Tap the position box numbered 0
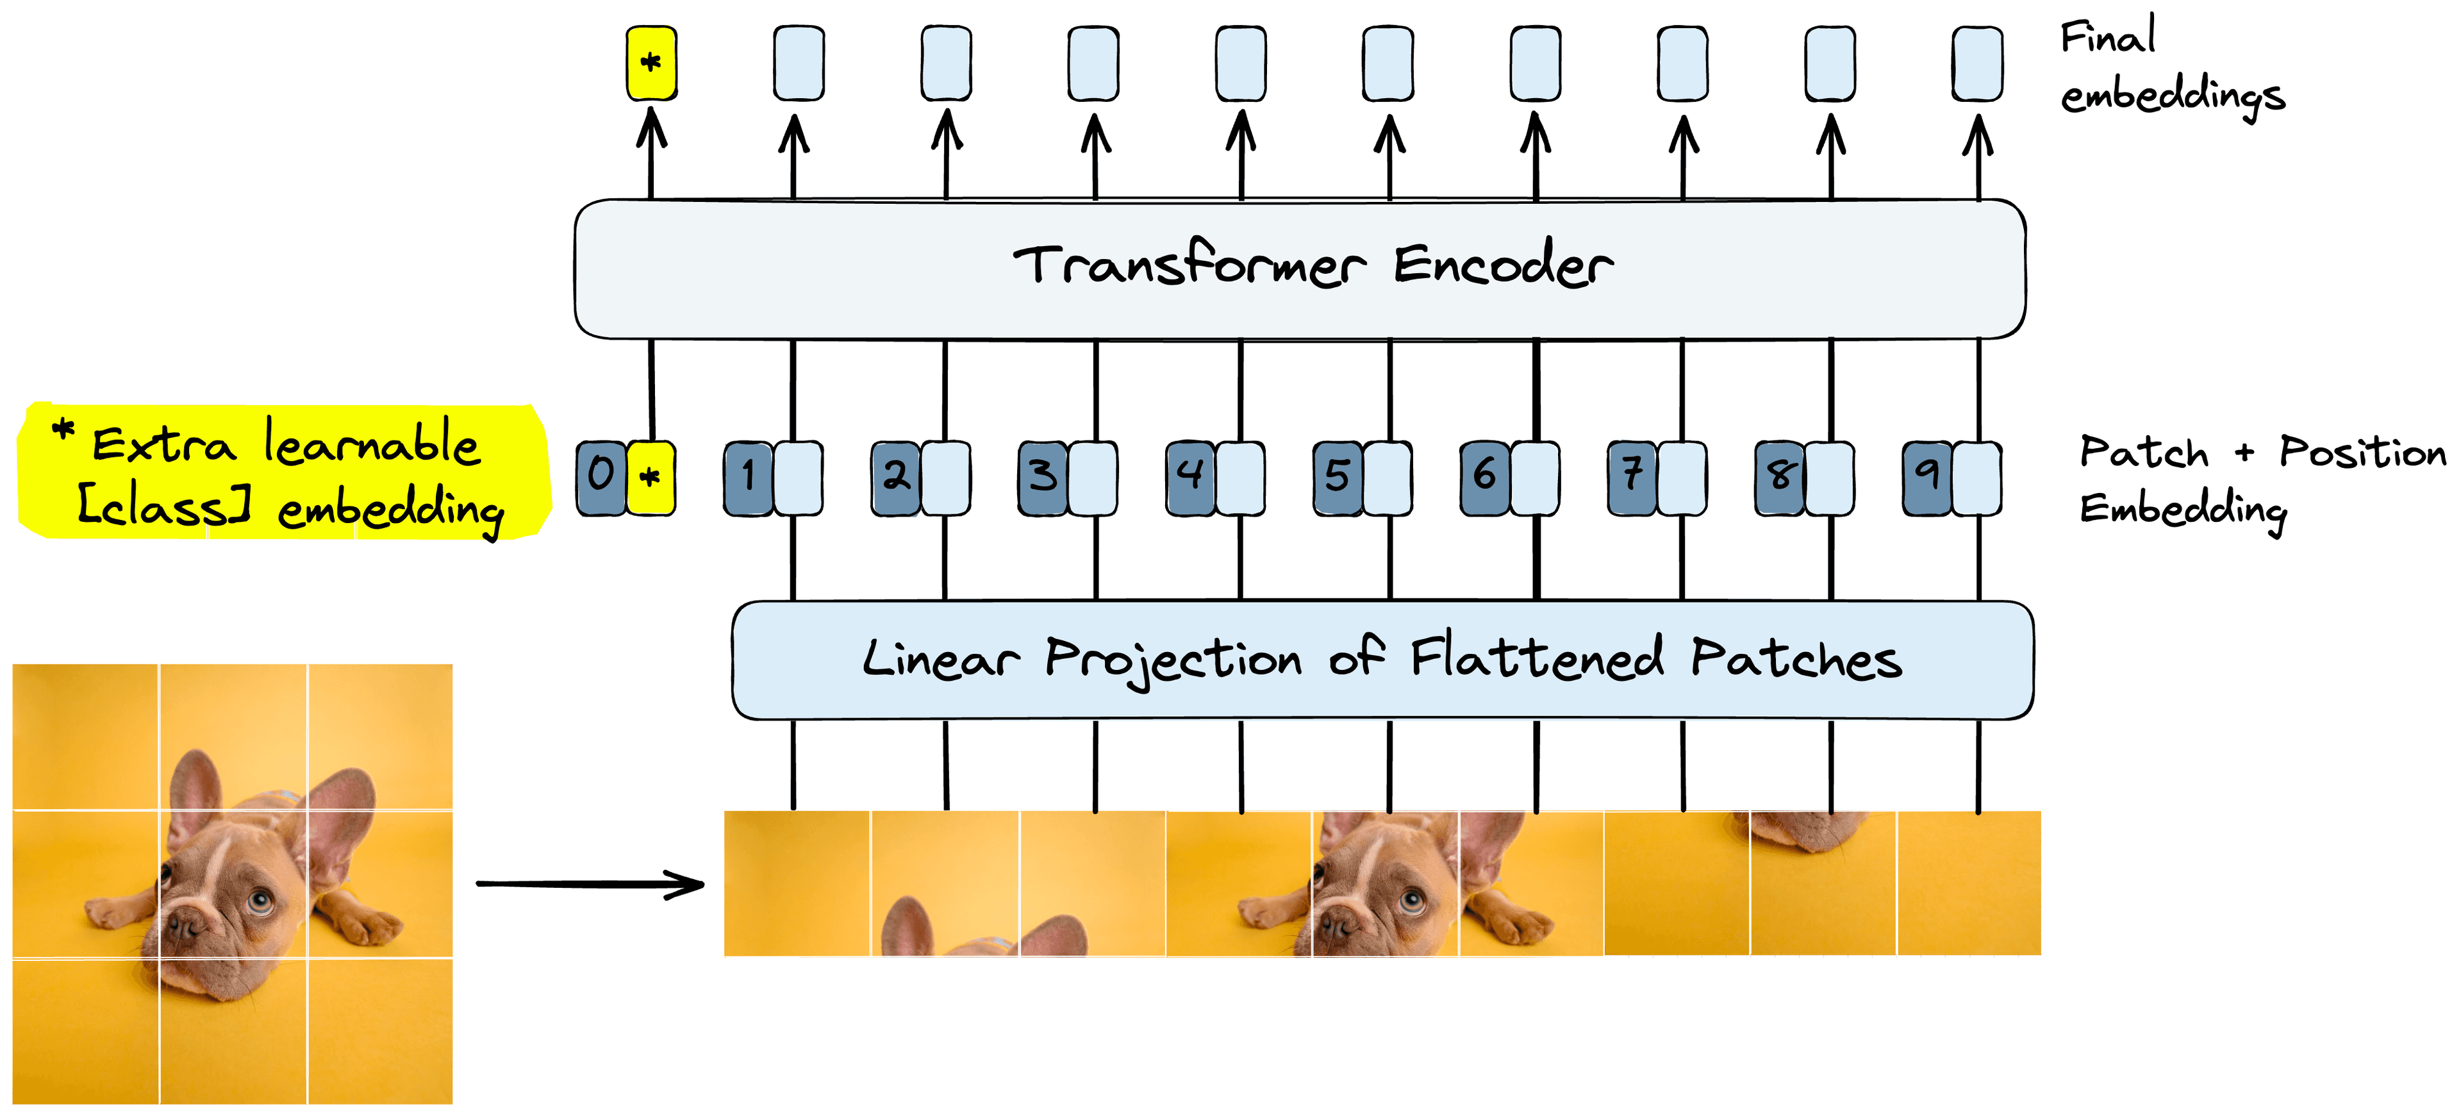click(601, 478)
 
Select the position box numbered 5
click(1338, 478)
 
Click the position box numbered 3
click(1042, 478)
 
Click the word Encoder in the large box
click(1504, 265)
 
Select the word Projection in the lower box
click(1173, 660)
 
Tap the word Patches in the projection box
click(1796, 660)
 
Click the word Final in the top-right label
click(2107, 38)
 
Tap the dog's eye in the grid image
click(259, 899)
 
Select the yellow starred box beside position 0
click(650, 478)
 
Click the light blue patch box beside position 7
click(1682, 478)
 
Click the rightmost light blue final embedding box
click(1976, 63)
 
